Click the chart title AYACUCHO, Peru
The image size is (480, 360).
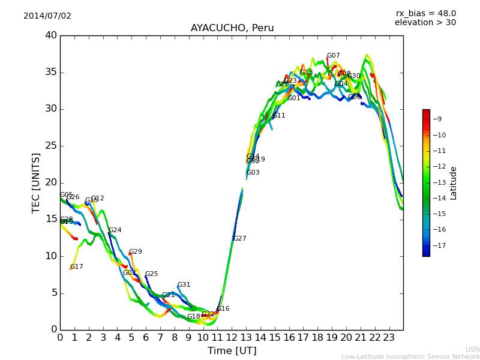tap(232, 28)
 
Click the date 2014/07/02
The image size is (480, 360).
tap(47, 16)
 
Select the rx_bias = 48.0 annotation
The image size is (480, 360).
tap(425, 14)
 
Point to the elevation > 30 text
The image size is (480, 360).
tap(425, 23)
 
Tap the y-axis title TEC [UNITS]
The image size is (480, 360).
tap(37, 182)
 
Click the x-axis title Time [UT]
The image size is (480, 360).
tap(232, 350)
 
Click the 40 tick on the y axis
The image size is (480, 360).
tap(50, 35)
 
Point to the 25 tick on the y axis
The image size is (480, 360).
tap(50, 146)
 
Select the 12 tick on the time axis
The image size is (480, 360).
tap(232, 338)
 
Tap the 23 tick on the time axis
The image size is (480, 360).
tap(389, 338)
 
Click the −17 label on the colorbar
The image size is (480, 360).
tap(438, 245)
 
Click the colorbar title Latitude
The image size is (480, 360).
tap(454, 182)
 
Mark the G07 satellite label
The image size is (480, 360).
tap(333, 56)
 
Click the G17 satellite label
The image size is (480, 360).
tap(77, 267)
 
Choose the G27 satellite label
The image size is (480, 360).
tap(240, 239)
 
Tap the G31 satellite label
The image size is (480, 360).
tap(184, 285)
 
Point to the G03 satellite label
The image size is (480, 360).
tap(253, 173)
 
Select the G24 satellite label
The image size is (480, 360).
tap(115, 230)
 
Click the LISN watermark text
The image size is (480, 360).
tap(472, 349)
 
